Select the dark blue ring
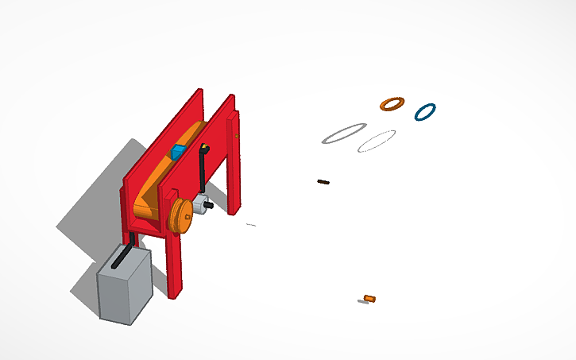click(x=416, y=112)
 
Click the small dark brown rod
click(x=323, y=182)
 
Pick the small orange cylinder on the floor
click(x=369, y=299)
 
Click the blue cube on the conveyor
click(x=179, y=151)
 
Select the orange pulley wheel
click(x=180, y=215)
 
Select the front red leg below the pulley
click(x=174, y=266)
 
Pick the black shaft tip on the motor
click(x=210, y=205)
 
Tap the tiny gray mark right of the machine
click(x=251, y=226)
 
